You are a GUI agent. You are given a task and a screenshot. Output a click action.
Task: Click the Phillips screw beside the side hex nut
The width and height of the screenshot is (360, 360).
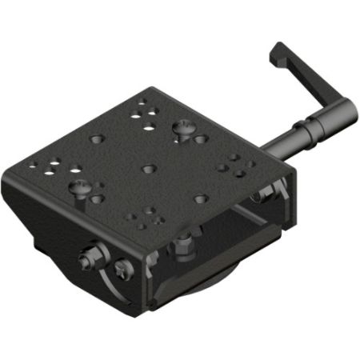(122, 269)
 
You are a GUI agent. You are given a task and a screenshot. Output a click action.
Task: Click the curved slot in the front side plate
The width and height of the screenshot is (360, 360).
(108, 288)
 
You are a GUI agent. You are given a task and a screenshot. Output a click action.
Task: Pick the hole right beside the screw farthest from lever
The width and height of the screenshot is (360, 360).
(97, 199)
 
